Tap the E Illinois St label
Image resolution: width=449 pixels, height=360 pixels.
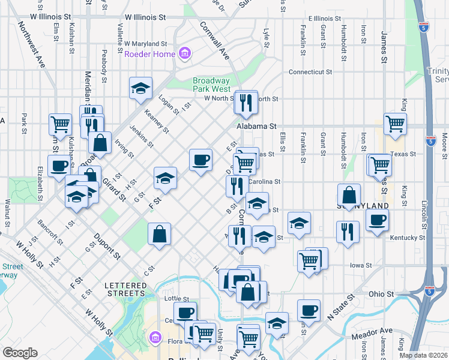click(x=328, y=19)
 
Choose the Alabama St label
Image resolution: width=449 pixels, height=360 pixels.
click(x=256, y=127)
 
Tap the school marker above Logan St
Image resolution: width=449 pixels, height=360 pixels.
click(x=140, y=89)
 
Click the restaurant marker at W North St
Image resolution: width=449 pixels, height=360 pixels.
click(x=246, y=103)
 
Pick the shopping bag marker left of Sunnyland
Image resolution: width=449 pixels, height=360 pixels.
click(x=349, y=195)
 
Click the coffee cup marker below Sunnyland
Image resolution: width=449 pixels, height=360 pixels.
click(x=376, y=220)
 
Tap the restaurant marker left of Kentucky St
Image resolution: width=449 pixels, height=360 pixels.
click(x=348, y=232)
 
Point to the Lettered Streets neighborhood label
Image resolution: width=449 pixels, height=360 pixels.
click(x=125, y=289)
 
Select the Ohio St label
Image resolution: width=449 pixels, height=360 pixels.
click(x=381, y=295)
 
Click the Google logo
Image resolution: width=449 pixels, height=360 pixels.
click(x=20, y=353)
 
